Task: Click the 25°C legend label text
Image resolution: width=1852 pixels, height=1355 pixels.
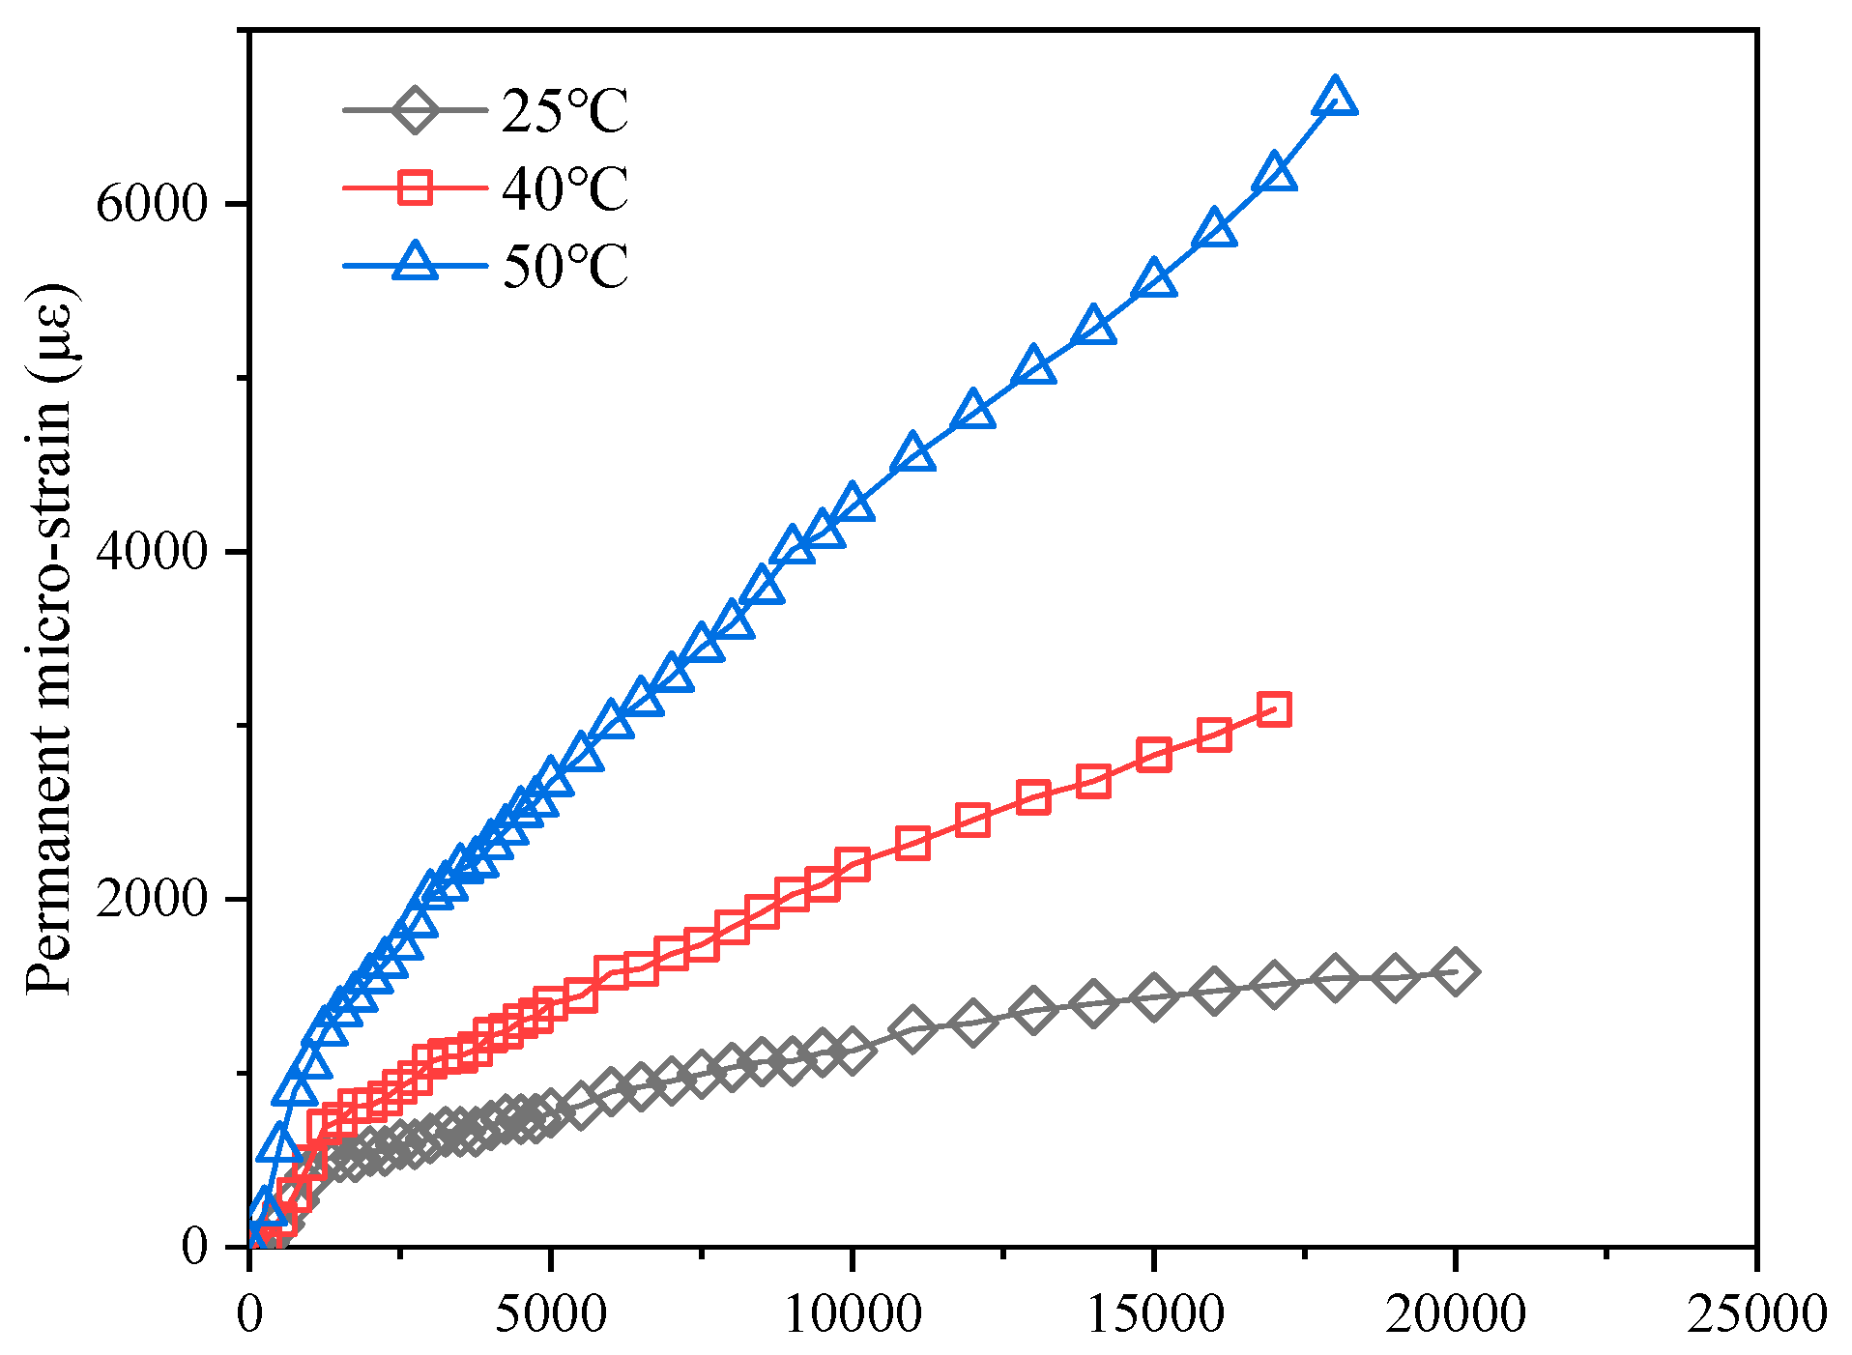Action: coord(564,111)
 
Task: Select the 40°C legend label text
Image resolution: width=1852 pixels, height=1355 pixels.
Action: coord(564,188)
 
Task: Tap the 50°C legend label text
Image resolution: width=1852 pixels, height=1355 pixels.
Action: coord(564,266)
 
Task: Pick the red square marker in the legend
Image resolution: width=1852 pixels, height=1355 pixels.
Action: coord(415,187)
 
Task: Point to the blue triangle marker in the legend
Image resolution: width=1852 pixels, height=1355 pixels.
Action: coord(415,262)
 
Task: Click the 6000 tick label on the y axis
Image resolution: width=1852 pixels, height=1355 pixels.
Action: coord(152,204)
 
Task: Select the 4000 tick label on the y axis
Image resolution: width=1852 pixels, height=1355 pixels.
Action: coord(152,552)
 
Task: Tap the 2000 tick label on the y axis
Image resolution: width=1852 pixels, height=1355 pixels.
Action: coord(152,899)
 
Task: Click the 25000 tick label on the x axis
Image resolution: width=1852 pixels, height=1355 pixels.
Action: coord(1756,1314)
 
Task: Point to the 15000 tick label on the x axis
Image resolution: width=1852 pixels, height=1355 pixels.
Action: coord(1154,1314)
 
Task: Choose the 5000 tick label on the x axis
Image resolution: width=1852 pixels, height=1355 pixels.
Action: coord(551,1314)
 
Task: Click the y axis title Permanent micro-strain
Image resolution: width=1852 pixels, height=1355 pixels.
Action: coord(48,638)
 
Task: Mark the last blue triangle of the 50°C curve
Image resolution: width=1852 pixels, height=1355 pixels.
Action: coord(1335,97)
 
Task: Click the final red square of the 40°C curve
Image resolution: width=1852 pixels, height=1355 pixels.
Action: coord(1274,709)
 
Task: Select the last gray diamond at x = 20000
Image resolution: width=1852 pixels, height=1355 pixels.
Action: coord(1455,971)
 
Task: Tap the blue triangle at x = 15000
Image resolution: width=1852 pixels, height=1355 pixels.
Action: coord(1154,280)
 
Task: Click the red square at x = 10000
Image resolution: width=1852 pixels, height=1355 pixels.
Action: coord(852,865)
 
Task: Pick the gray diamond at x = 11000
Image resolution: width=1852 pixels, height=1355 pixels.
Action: coord(912,1027)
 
